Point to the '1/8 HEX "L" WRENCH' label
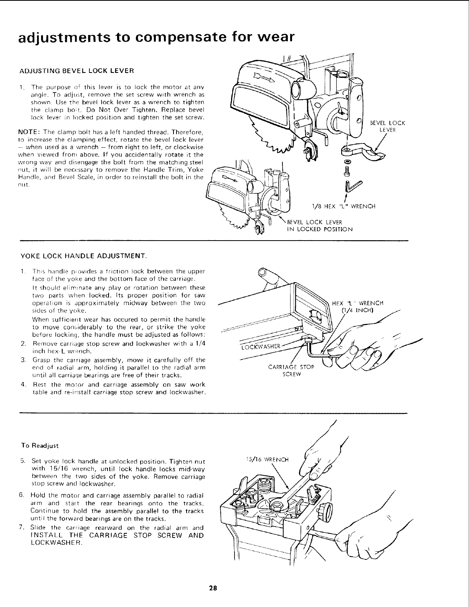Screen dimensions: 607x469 pos(344,206)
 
